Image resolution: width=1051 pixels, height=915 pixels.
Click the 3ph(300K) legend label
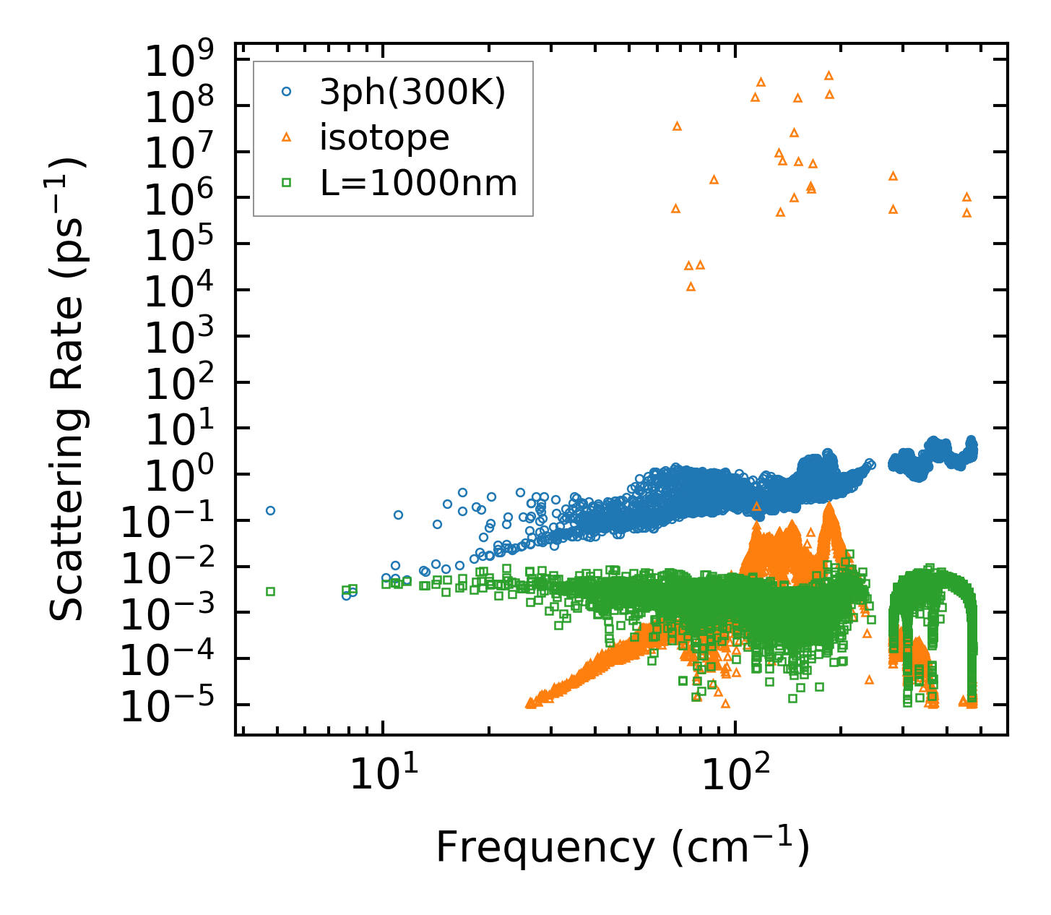click(x=412, y=93)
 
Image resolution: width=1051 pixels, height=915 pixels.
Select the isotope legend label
click(x=384, y=137)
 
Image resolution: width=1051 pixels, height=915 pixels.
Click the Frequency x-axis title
click(x=622, y=848)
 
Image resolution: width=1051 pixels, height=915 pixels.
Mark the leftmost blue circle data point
click(x=271, y=510)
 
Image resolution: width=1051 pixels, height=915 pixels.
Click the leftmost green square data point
click(x=271, y=591)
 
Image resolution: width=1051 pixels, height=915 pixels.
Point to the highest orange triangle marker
click(x=829, y=75)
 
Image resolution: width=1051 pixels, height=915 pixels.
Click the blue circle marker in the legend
click(x=287, y=93)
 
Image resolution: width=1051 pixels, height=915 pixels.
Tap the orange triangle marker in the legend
click(x=287, y=137)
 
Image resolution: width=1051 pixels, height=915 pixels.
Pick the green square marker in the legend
click(x=287, y=183)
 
